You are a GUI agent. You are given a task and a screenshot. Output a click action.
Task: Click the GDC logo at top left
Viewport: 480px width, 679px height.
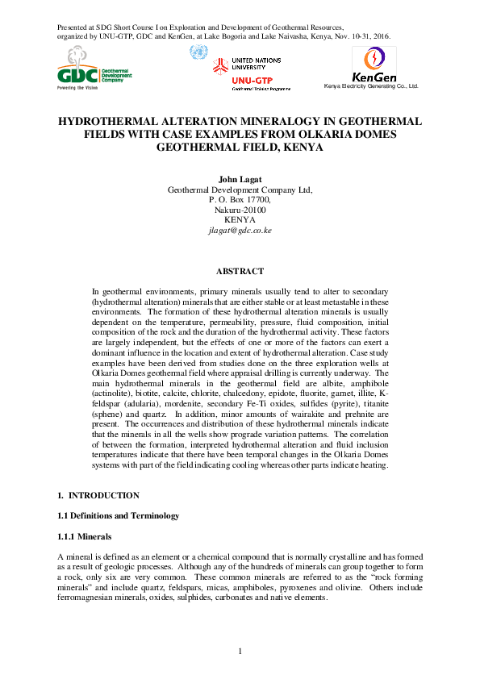(x=92, y=69)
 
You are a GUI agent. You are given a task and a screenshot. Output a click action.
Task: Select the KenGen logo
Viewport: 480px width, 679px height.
(x=371, y=65)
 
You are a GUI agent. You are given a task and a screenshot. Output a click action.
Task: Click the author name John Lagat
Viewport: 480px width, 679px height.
(x=240, y=179)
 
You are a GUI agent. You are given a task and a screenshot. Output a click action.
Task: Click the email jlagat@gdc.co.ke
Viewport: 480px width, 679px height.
(x=240, y=230)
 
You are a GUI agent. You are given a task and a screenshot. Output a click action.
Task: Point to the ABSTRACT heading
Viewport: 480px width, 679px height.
(x=240, y=273)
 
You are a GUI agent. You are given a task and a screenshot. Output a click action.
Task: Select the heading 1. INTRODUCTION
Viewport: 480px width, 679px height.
(x=98, y=495)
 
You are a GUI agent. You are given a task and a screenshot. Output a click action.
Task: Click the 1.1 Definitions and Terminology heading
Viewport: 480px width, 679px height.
(x=118, y=515)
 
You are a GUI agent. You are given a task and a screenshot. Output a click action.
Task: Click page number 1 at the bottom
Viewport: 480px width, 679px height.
(x=240, y=651)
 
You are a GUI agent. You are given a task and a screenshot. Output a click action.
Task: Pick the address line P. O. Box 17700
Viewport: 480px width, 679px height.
(x=240, y=199)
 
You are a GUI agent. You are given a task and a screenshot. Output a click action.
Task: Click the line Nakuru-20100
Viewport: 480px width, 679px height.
(x=240, y=210)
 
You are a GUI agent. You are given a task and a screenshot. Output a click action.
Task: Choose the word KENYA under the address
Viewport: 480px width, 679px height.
(x=240, y=219)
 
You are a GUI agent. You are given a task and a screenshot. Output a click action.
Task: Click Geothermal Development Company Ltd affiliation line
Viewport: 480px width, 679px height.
(x=240, y=190)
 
